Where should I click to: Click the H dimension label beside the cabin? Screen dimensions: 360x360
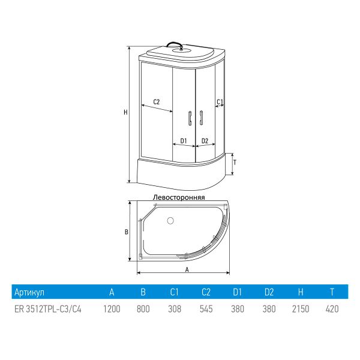pos(125,113)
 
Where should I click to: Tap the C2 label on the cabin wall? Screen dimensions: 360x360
pos(157,102)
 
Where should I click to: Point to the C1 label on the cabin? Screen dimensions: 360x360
pos(220,102)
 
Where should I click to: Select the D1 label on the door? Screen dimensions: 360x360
pos(184,141)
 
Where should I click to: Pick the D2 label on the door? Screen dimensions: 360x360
pos(205,141)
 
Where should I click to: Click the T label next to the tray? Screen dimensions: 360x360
pos(235,163)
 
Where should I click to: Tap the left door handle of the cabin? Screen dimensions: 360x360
pos(190,118)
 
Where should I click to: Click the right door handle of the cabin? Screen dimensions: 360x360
pos(201,118)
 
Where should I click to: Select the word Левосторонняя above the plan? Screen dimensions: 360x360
pos(179,197)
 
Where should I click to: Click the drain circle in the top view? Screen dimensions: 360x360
pos(170,221)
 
